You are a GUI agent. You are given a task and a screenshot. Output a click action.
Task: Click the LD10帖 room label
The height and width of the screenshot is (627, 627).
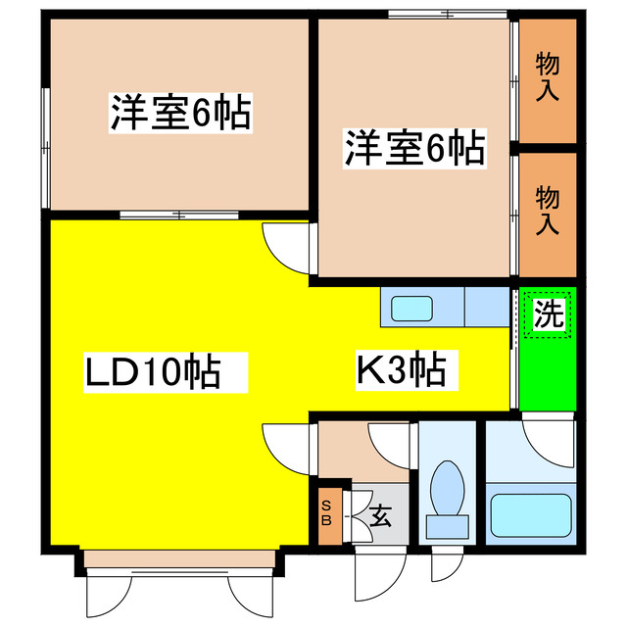(152, 372)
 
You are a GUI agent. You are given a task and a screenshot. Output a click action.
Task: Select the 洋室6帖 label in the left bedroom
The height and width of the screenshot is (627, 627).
(180, 114)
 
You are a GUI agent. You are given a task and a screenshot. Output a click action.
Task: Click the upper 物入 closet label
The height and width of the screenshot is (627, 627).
(548, 77)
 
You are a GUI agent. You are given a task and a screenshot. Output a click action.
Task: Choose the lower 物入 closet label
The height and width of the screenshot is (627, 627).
(548, 212)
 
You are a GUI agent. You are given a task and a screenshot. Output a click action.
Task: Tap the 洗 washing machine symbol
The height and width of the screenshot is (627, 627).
(549, 313)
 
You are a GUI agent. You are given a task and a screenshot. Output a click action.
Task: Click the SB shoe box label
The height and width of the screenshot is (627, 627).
(327, 512)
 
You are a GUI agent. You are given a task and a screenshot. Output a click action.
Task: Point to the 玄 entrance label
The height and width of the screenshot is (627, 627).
(381, 514)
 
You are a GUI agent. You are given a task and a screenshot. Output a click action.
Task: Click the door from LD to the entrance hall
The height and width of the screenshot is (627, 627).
(288, 447)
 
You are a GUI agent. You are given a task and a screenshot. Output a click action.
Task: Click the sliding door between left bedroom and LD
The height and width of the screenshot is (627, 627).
(178, 214)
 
